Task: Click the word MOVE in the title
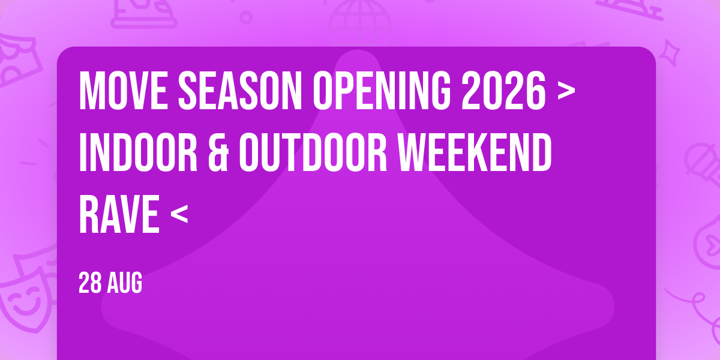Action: (123, 91)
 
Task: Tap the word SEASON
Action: (240, 91)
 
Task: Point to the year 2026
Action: (503, 91)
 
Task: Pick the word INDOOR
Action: (138, 152)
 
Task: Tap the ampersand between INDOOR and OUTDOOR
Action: (218, 152)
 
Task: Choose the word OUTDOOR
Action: (313, 152)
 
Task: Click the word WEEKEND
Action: (475, 152)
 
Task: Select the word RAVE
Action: (119, 214)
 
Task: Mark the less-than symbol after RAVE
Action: (179, 214)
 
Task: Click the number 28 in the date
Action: (90, 283)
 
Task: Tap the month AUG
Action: (125, 283)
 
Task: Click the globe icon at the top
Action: (360, 23)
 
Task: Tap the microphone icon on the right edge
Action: (703, 164)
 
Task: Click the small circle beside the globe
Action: (246, 17)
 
